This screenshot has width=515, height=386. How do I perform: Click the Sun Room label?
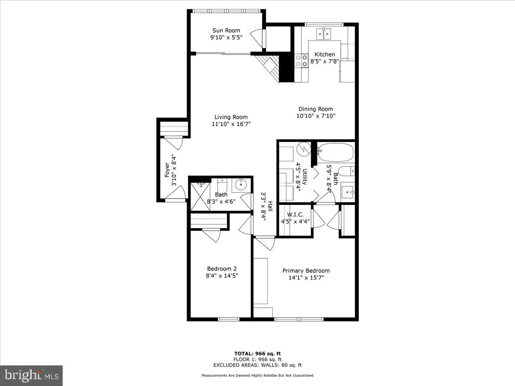tap(226, 30)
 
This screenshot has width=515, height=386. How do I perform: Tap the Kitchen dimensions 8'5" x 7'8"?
tap(325, 61)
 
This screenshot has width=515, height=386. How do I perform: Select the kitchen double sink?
tap(323, 34)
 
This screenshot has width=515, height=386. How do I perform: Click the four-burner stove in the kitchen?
tap(301, 60)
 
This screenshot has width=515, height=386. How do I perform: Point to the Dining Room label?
tap(315, 109)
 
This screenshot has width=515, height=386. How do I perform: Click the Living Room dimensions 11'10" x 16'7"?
tap(231, 124)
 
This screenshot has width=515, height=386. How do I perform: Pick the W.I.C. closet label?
tap(295, 214)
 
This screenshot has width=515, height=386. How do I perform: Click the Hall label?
tap(270, 207)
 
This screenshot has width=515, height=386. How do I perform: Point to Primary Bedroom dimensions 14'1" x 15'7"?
tap(306, 277)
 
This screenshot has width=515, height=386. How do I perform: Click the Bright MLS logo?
tap(31, 376)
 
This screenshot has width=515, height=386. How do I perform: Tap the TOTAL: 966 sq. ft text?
tap(257, 353)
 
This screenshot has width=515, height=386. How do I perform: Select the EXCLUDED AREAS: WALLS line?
tap(257, 365)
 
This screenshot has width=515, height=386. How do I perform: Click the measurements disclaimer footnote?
tap(257, 375)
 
